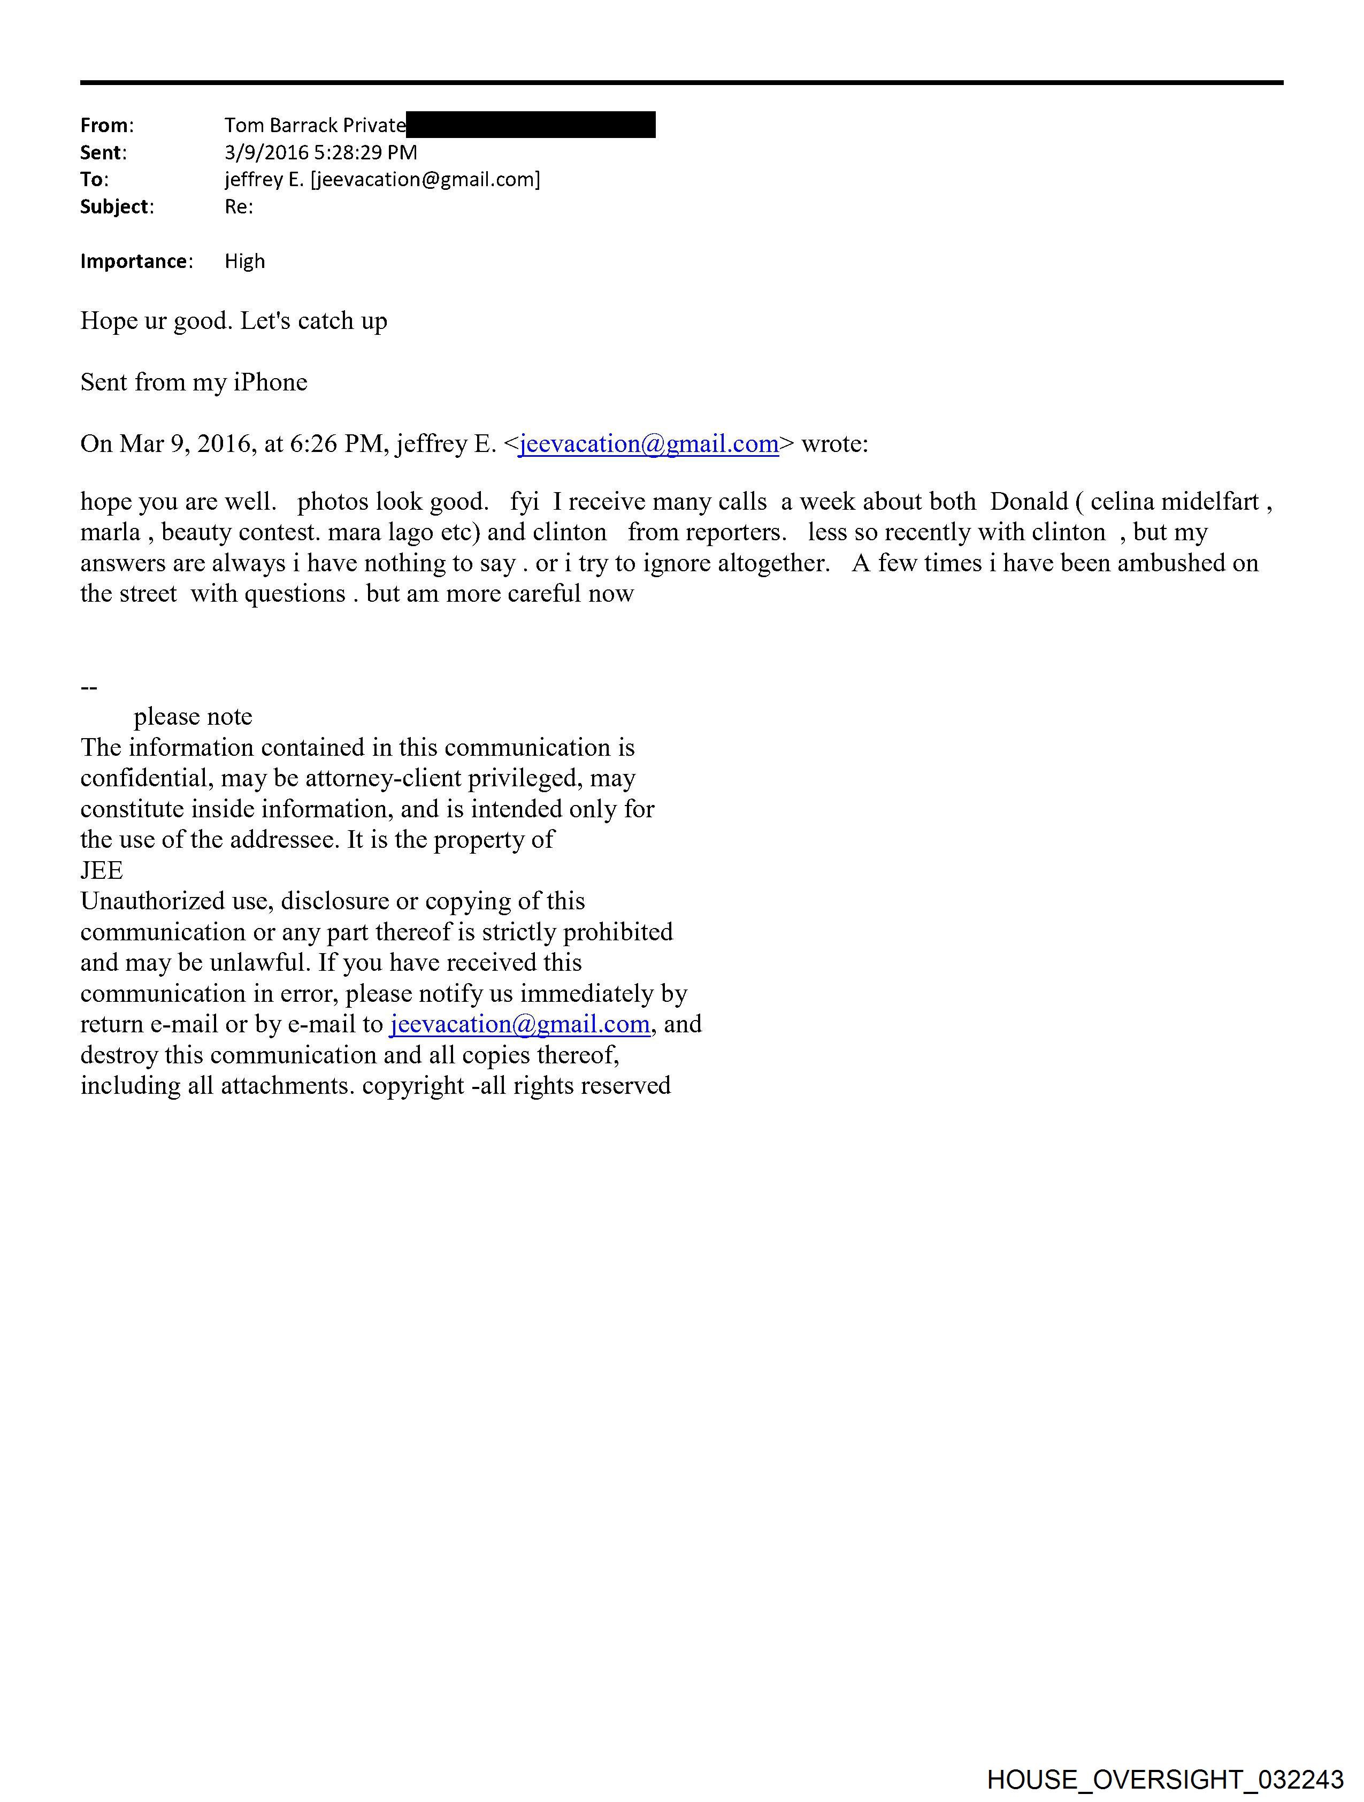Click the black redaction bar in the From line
[x=531, y=125]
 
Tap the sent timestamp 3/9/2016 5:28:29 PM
[x=320, y=152]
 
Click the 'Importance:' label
[x=136, y=262]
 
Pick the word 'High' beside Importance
[x=244, y=262]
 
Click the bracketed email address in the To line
[x=425, y=179]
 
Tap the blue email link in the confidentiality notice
[x=520, y=1024]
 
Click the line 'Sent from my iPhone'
[x=194, y=382]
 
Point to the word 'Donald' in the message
[x=1028, y=502]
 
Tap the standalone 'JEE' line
[x=102, y=871]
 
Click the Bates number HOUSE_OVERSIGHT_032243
[x=1164, y=1779]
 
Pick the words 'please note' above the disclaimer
[x=193, y=717]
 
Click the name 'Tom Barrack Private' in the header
[x=315, y=126]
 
